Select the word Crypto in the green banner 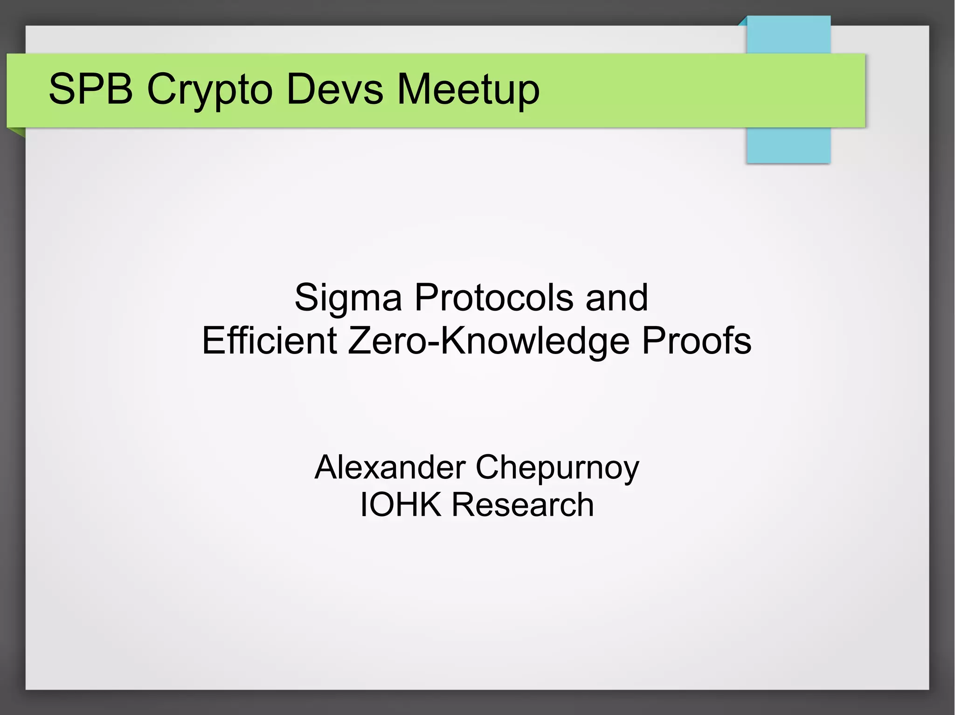tap(209, 91)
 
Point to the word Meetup tap(468, 91)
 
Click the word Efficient tap(269, 340)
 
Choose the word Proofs tap(697, 340)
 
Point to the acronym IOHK tap(401, 504)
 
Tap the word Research tap(523, 504)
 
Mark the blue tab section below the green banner tap(789, 145)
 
